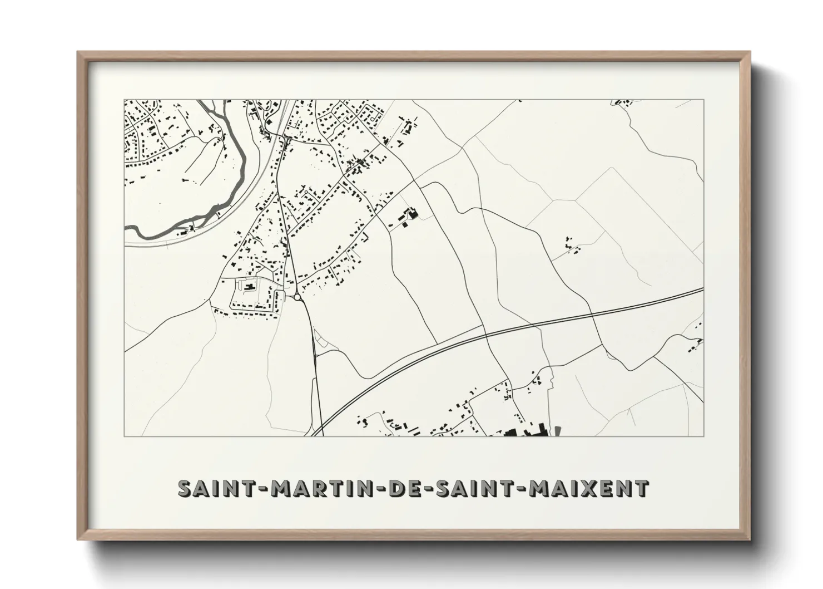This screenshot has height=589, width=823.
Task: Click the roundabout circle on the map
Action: [x=298, y=297]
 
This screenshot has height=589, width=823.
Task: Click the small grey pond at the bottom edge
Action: [x=558, y=430]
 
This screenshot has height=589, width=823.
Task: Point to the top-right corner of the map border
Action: [x=703, y=100]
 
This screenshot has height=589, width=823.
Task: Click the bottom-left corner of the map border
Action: [x=125, y=436]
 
